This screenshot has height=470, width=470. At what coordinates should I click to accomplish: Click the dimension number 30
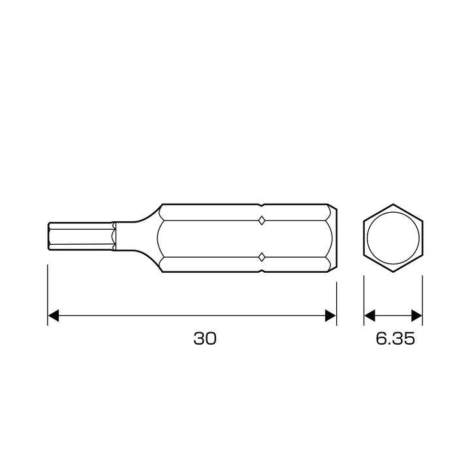coord(205,338)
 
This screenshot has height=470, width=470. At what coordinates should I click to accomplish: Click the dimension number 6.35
coord(396,338)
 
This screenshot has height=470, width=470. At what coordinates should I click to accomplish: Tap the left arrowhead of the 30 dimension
coord(54,315)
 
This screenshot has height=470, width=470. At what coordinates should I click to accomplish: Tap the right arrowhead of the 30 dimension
coord(330,315)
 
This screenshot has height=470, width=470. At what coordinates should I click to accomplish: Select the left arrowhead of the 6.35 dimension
coord(369,315)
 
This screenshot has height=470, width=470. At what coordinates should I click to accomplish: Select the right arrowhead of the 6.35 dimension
coord(416,315)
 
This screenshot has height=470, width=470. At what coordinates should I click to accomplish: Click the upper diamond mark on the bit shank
coord(262,221)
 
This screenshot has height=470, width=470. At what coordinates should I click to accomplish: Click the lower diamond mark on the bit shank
coord(262,257)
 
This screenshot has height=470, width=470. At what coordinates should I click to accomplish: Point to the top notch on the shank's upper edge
coord(262,206)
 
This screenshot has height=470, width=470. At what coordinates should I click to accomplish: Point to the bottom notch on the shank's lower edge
coord(262,271)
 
